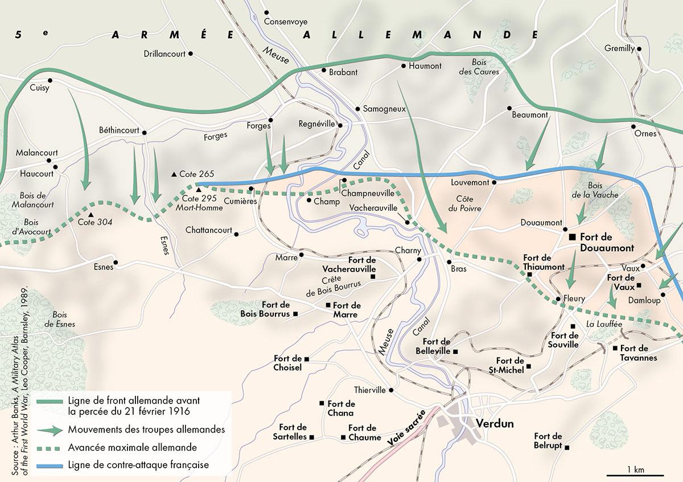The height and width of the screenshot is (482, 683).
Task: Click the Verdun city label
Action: [492, 424]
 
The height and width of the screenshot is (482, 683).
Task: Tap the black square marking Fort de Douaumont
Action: [571, 236]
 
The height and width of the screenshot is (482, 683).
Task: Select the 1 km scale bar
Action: [635, 474]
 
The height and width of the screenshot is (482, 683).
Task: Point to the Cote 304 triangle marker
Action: [91, 215]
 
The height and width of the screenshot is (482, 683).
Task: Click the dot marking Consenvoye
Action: [267, 12]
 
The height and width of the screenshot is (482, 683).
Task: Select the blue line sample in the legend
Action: [50, 466]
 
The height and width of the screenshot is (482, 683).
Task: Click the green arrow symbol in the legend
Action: [50, 430]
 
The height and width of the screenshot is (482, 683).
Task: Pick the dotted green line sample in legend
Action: [50, 447]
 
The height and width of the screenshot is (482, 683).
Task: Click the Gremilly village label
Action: [619, 48]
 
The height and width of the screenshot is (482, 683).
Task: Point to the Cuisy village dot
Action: [50, 80]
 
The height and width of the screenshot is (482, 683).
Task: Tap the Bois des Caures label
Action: [479, 67]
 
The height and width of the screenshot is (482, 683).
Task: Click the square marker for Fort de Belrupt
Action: [566, 447]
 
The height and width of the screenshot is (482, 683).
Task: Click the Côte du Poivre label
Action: [468, 204]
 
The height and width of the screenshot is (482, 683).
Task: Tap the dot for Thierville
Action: [392, 390]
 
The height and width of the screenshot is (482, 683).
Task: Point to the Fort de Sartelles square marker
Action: [311, 437]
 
